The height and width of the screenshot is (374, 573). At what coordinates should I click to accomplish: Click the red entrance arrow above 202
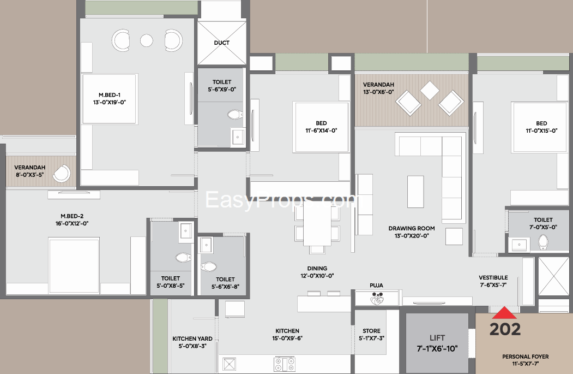(x=504, y=313)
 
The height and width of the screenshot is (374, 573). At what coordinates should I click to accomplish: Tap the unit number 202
(x=505, y=329)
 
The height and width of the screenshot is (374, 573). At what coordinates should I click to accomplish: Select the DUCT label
(x=222, y=43)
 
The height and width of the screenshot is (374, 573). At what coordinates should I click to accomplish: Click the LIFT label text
(x=437, y=338)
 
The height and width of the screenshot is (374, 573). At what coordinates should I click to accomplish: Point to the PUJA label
(x=376, y=286)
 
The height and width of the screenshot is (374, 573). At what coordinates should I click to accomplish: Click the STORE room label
(x=372, y=331)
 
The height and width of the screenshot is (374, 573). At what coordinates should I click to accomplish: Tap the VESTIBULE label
(x=493, y=277)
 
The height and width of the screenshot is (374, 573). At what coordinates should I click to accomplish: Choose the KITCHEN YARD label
(x=192, y=339)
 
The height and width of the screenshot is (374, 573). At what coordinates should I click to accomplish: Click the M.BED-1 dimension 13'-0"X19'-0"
(x=110, y=103)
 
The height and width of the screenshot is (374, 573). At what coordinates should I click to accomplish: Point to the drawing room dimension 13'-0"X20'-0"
(x=412, y=236)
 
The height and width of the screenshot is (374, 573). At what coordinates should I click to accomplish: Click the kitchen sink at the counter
(x=230, y=364)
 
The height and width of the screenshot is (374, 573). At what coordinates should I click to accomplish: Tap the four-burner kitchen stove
(x=285, y=364)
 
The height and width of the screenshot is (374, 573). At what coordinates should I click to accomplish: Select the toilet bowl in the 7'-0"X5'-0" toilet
(x=544, y=242)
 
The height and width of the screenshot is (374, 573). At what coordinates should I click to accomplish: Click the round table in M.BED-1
(x=147, y=40)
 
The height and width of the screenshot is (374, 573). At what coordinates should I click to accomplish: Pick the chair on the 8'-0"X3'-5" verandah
(x=62, y=174)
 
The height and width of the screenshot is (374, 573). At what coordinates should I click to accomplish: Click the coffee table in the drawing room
(x=415, y=192)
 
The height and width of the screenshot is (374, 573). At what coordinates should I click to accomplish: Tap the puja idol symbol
(x=377, y=299)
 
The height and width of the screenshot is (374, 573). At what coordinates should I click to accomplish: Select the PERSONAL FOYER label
(x=526, y=357)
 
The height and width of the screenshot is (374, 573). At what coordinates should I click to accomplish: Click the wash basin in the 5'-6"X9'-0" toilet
(x=238, y=137)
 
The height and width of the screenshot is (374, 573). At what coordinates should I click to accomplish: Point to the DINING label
(x=317, y=268)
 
